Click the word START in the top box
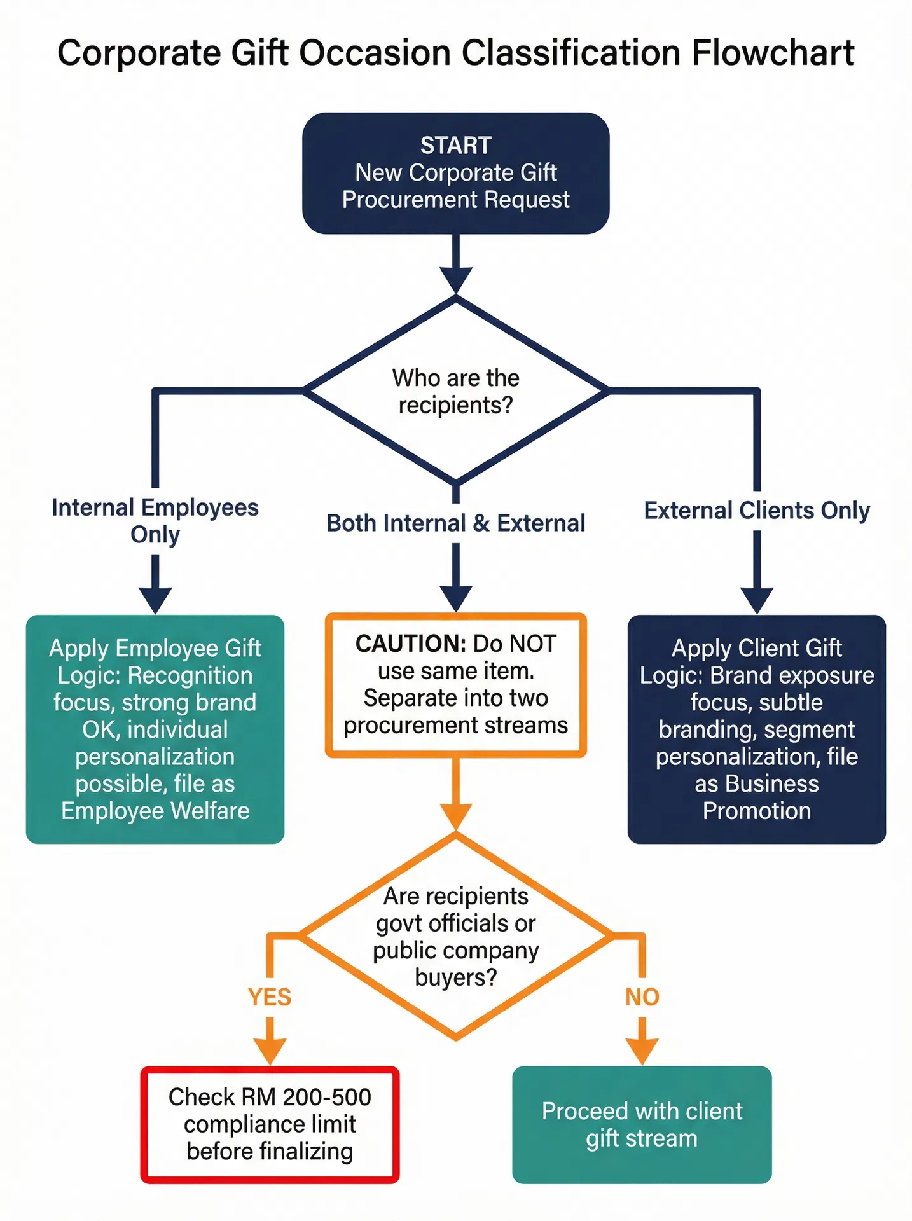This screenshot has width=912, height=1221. click(455, 145)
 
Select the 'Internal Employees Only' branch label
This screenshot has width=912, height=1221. click(155, 520)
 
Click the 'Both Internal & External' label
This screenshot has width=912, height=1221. click(455, 523)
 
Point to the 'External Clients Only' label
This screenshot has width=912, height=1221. click(757, 510)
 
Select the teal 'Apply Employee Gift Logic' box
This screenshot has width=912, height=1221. click(155, 729)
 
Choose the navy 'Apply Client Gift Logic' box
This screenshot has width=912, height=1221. click(757, 729)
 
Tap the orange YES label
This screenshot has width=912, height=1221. click(270, 997)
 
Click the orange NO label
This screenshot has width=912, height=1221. click(642, 997)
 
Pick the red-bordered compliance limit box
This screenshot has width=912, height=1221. click(270, 1124)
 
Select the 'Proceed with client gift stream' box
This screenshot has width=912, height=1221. click(642, 1124)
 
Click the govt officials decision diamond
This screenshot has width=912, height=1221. click(455, 936)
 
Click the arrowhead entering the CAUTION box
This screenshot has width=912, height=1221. click(455, 598)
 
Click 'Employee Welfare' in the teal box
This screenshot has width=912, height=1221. click(155, 811)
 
